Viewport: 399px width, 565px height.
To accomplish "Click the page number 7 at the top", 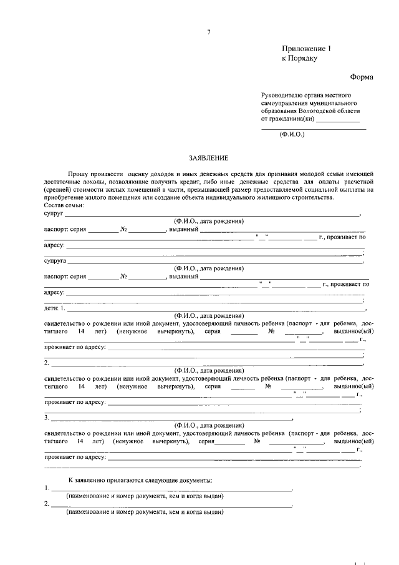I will click(x=209, y=32).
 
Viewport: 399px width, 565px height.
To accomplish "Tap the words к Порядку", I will click(x=300, y=59).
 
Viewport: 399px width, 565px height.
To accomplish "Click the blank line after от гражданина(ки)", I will click(x=338, y=120).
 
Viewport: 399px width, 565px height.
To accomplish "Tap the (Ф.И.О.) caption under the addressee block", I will click(x=291, y=134).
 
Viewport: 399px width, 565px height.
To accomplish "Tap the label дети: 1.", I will click(x=55, y=308).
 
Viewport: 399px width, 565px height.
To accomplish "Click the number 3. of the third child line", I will click(x=47, y=417).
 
